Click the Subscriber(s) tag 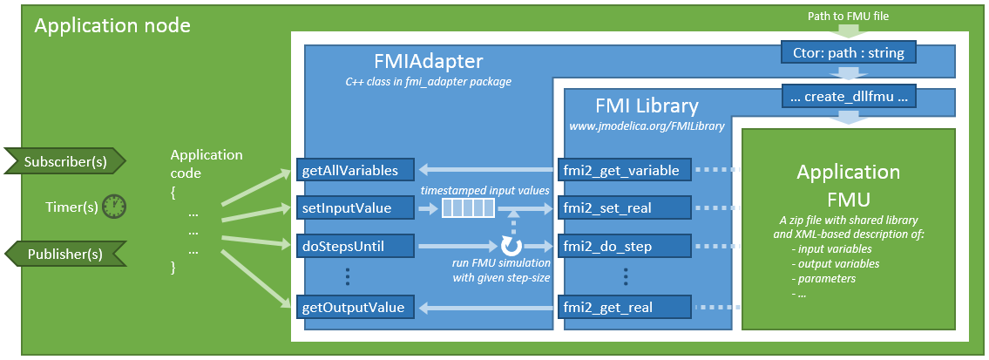tap(65, 161)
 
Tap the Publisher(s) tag tap(65, 254)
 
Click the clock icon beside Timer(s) tap(114, 207)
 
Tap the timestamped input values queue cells tap(468, 208)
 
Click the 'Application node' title tap(112, 26)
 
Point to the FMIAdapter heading tap(427, 61)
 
